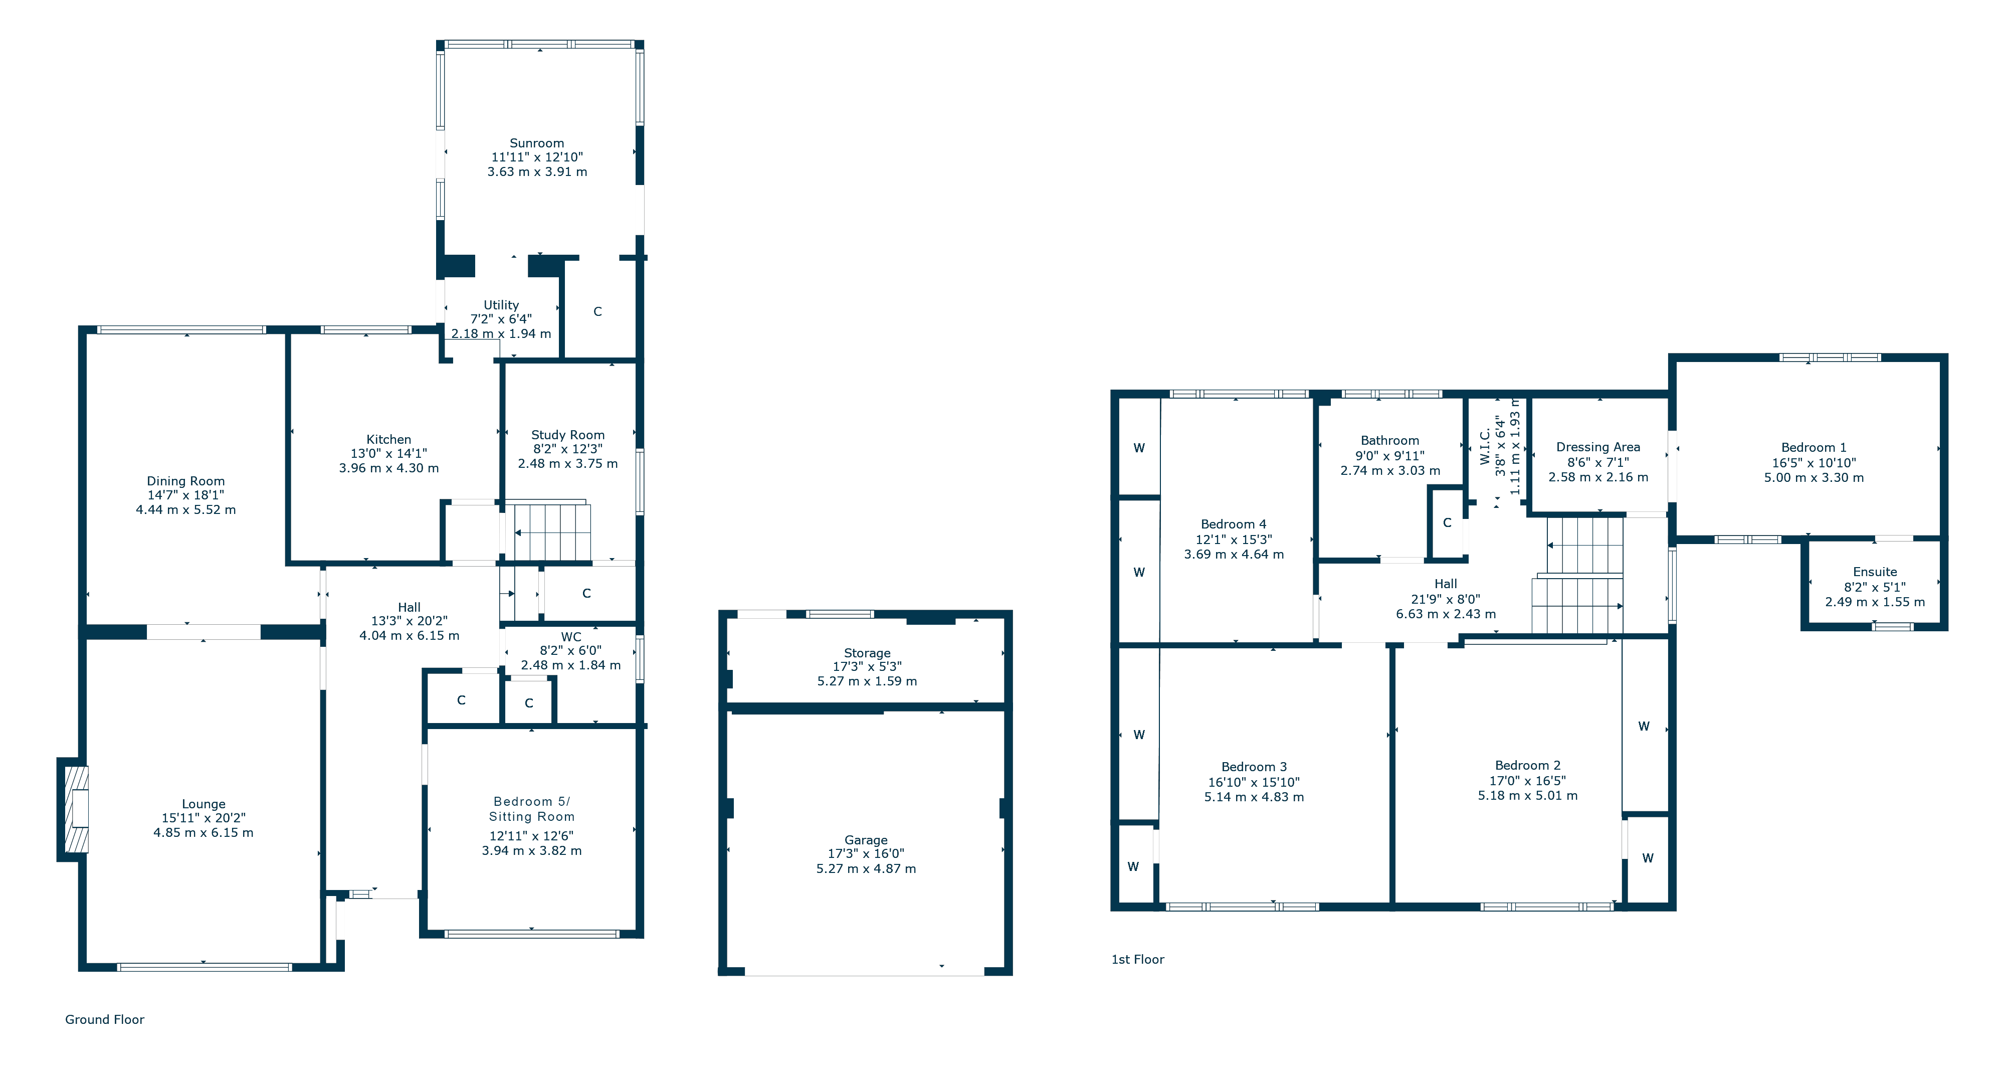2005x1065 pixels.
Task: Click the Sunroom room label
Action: pyautogui.click(x=536, y=143)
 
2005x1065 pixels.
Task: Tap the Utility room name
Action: pyautogui.click(x=501, y=305)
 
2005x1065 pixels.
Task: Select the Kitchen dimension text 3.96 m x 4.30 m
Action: pyautogui.click(x=388, y=468)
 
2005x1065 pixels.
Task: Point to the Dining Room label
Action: pyautogui.click(x=186, y=481)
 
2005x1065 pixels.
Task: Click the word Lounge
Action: pyautogui.click(x=204, y=804)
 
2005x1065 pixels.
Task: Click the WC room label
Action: pyautogui.click(x=571, y=637)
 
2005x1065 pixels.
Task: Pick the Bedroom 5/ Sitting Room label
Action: pyautogui.click(x=532, y=809)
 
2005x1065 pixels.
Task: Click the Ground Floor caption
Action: pyautogui.click(x=104, y=1020)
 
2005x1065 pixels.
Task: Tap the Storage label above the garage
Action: pyautogui.click(x=867, y=653)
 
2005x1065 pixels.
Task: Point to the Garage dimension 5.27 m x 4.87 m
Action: pyautogui.click(x=866, y=869)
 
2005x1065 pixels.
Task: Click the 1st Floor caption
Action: pyautogui.click(x=1138, y=960)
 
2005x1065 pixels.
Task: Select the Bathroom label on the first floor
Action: pyautogui.click(x=1390, y=441)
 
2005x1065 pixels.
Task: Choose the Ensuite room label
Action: pyautogui.click(x=1875, y=572)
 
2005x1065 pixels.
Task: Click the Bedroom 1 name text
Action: pyautogui.click(x=1814, y=448)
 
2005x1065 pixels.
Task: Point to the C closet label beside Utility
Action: pyautogui.click(x=598, y=311)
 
